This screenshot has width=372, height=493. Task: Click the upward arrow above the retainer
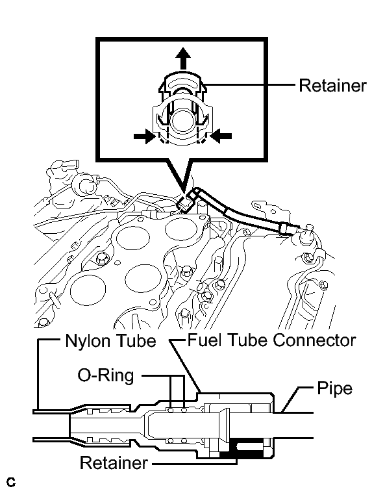[x=183, y=59]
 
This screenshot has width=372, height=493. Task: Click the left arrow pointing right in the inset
[x=145, y=136]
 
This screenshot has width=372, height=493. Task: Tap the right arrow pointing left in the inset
[x=221, y=136]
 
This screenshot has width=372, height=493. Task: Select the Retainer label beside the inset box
[x=332, y=86]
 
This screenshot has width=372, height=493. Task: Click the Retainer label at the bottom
[x=114, y=463]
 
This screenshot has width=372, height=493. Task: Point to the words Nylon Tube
[x=110, y=341]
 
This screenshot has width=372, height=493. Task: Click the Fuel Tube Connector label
[x=272, y=340]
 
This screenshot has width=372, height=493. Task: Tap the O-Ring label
[x=106, y=375]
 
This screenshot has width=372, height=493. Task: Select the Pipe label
[x=334, y=388]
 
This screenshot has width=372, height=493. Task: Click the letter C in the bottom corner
[x=10, y=482]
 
